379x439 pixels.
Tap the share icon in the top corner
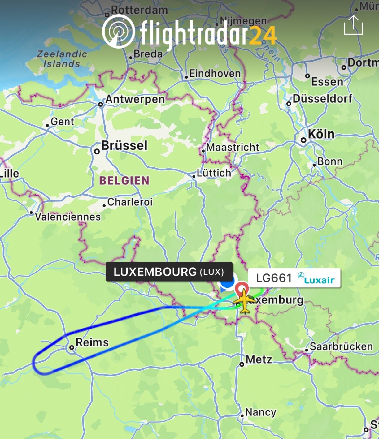tap(353, 25)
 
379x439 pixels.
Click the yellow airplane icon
tap(245, 300)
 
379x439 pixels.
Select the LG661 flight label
tap(274, 278)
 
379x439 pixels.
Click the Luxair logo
tap(316, 278)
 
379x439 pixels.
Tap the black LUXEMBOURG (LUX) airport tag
tap(169, 272)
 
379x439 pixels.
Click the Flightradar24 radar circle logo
tap(118, 31)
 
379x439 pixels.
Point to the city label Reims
tap(92, 342)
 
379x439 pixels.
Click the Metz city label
tap(259, 359)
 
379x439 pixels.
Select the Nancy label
tap(260, 412)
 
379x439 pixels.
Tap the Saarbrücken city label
tap(341, 346)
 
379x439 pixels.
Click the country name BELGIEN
tap(124, 180)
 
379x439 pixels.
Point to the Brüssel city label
tap(124, 145)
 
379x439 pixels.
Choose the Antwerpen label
tap(135, 99)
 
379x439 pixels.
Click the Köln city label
tap(321, 134)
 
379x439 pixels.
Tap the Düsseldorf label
tap(322, 99)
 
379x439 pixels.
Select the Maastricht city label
tap(233, 147)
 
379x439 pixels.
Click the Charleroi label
tap(130, 202)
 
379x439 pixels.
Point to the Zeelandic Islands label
tap(62, 59)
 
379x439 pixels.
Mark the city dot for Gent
tap(47, 125)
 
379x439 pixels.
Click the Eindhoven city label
tap(215, 73)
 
